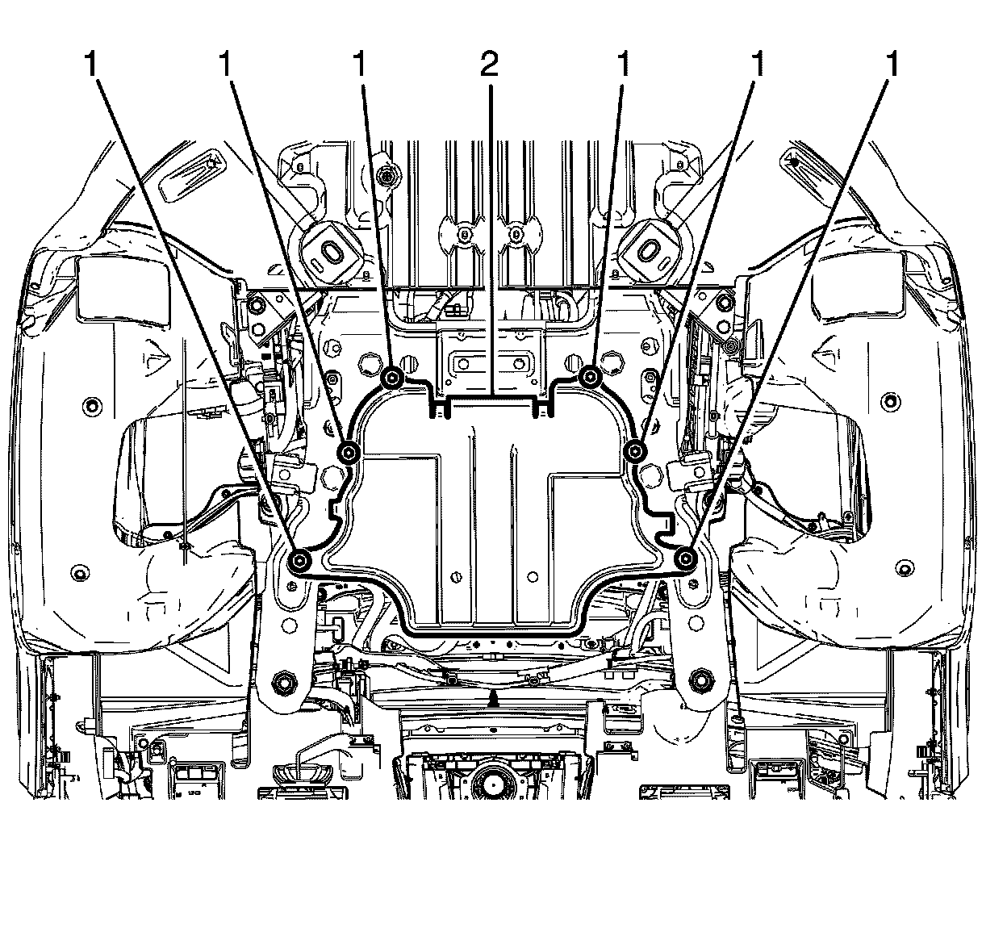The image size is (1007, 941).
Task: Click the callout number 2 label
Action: [489, 65]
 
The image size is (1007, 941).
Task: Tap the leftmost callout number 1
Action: [91, 65]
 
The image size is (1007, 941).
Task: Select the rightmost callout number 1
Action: [892, 65]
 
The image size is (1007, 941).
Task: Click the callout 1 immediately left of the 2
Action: [360, 65]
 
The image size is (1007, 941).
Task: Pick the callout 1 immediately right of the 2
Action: [623, 65]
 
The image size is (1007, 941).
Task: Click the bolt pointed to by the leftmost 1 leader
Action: [299, 560]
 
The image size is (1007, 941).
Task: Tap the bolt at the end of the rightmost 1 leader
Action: [686, 559]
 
